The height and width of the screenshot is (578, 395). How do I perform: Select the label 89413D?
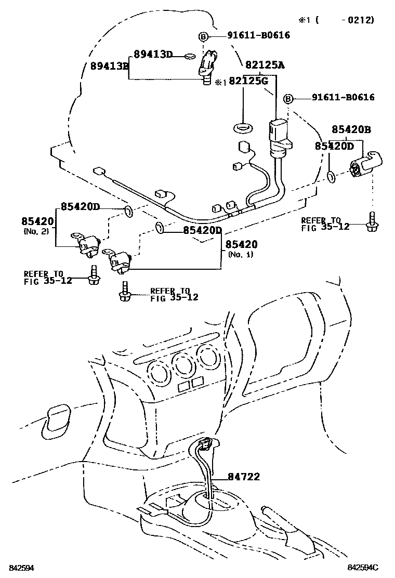153,54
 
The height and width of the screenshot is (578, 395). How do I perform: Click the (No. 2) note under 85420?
36,230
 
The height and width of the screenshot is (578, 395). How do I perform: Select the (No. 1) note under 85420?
240,254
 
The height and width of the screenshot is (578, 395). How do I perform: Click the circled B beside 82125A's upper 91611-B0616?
203,36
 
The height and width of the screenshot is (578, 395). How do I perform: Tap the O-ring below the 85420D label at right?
331,179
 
